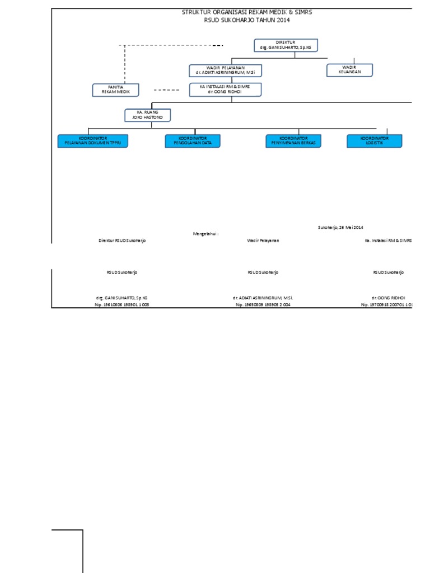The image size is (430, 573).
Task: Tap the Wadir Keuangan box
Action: pos(349,70)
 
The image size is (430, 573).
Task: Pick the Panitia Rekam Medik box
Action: pos(116,90)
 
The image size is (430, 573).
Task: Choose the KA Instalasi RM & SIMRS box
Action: pos(225,90)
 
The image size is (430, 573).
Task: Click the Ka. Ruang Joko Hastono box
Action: pos(147,115)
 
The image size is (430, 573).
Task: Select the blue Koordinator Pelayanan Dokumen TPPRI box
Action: pos(93,141)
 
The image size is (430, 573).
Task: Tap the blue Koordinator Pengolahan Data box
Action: pos(193,141)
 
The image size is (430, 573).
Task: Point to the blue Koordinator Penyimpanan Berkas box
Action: pos(294,141)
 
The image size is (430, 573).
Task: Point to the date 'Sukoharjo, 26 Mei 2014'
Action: pos(340,227)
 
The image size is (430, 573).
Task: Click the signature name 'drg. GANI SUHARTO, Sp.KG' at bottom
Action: pos(122,298)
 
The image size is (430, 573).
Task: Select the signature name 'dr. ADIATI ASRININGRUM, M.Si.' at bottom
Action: pos(263,298)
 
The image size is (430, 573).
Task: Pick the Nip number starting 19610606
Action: pos(122,305)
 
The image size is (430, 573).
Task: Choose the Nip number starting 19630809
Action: pos(263,305)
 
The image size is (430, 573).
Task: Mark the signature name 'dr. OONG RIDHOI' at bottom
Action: pos(388,298)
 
